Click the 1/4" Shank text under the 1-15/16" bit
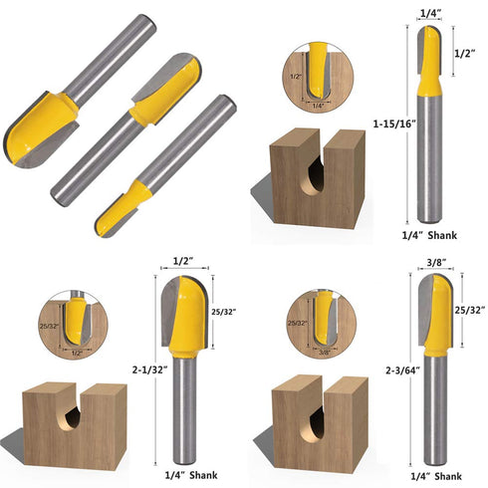pos(433,234)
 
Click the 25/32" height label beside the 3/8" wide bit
pos(468,310)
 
